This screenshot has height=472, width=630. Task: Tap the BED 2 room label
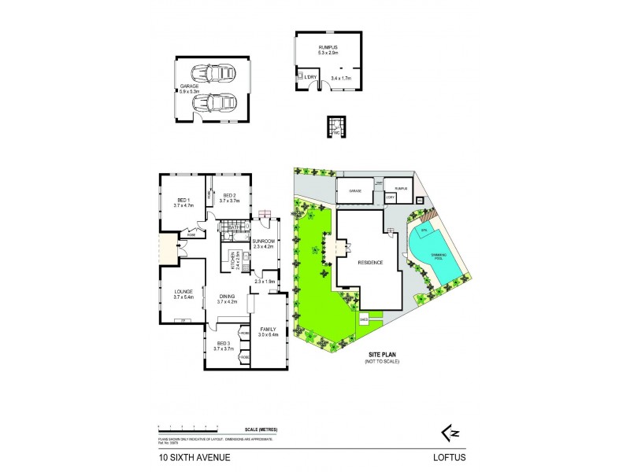(230, 196)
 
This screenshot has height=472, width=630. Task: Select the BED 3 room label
(224, 345)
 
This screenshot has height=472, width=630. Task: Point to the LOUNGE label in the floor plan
(183, 292)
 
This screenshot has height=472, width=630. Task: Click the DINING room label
(227, 296)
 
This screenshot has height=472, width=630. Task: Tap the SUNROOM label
(264, 241)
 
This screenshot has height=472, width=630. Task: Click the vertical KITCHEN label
(234, 258)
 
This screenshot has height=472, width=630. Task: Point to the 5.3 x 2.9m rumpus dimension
(328, 53)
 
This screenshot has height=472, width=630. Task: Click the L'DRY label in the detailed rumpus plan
(302, 76)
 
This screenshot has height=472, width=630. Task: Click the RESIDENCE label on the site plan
(369, 263)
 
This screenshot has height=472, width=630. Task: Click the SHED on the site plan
(365, 319)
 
